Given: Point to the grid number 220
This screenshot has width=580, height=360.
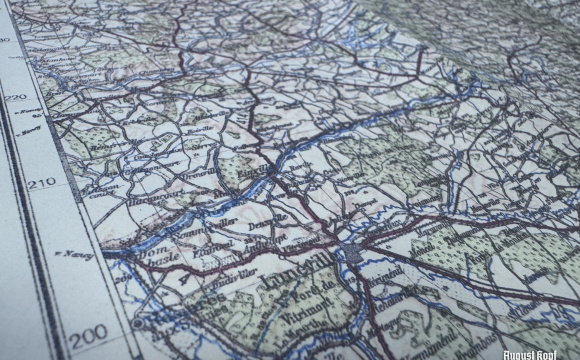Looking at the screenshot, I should coord(14,97).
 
